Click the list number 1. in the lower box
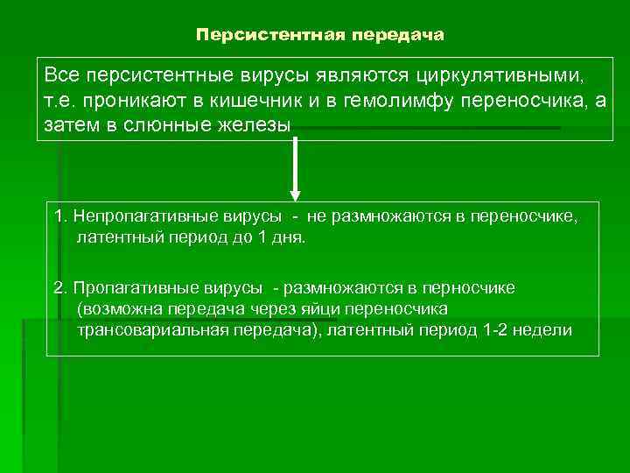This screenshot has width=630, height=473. point(60,216)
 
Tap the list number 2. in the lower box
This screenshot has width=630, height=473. point(60,288)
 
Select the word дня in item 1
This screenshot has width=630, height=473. point(288,237)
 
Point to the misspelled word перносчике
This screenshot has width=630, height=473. point(468,288)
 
